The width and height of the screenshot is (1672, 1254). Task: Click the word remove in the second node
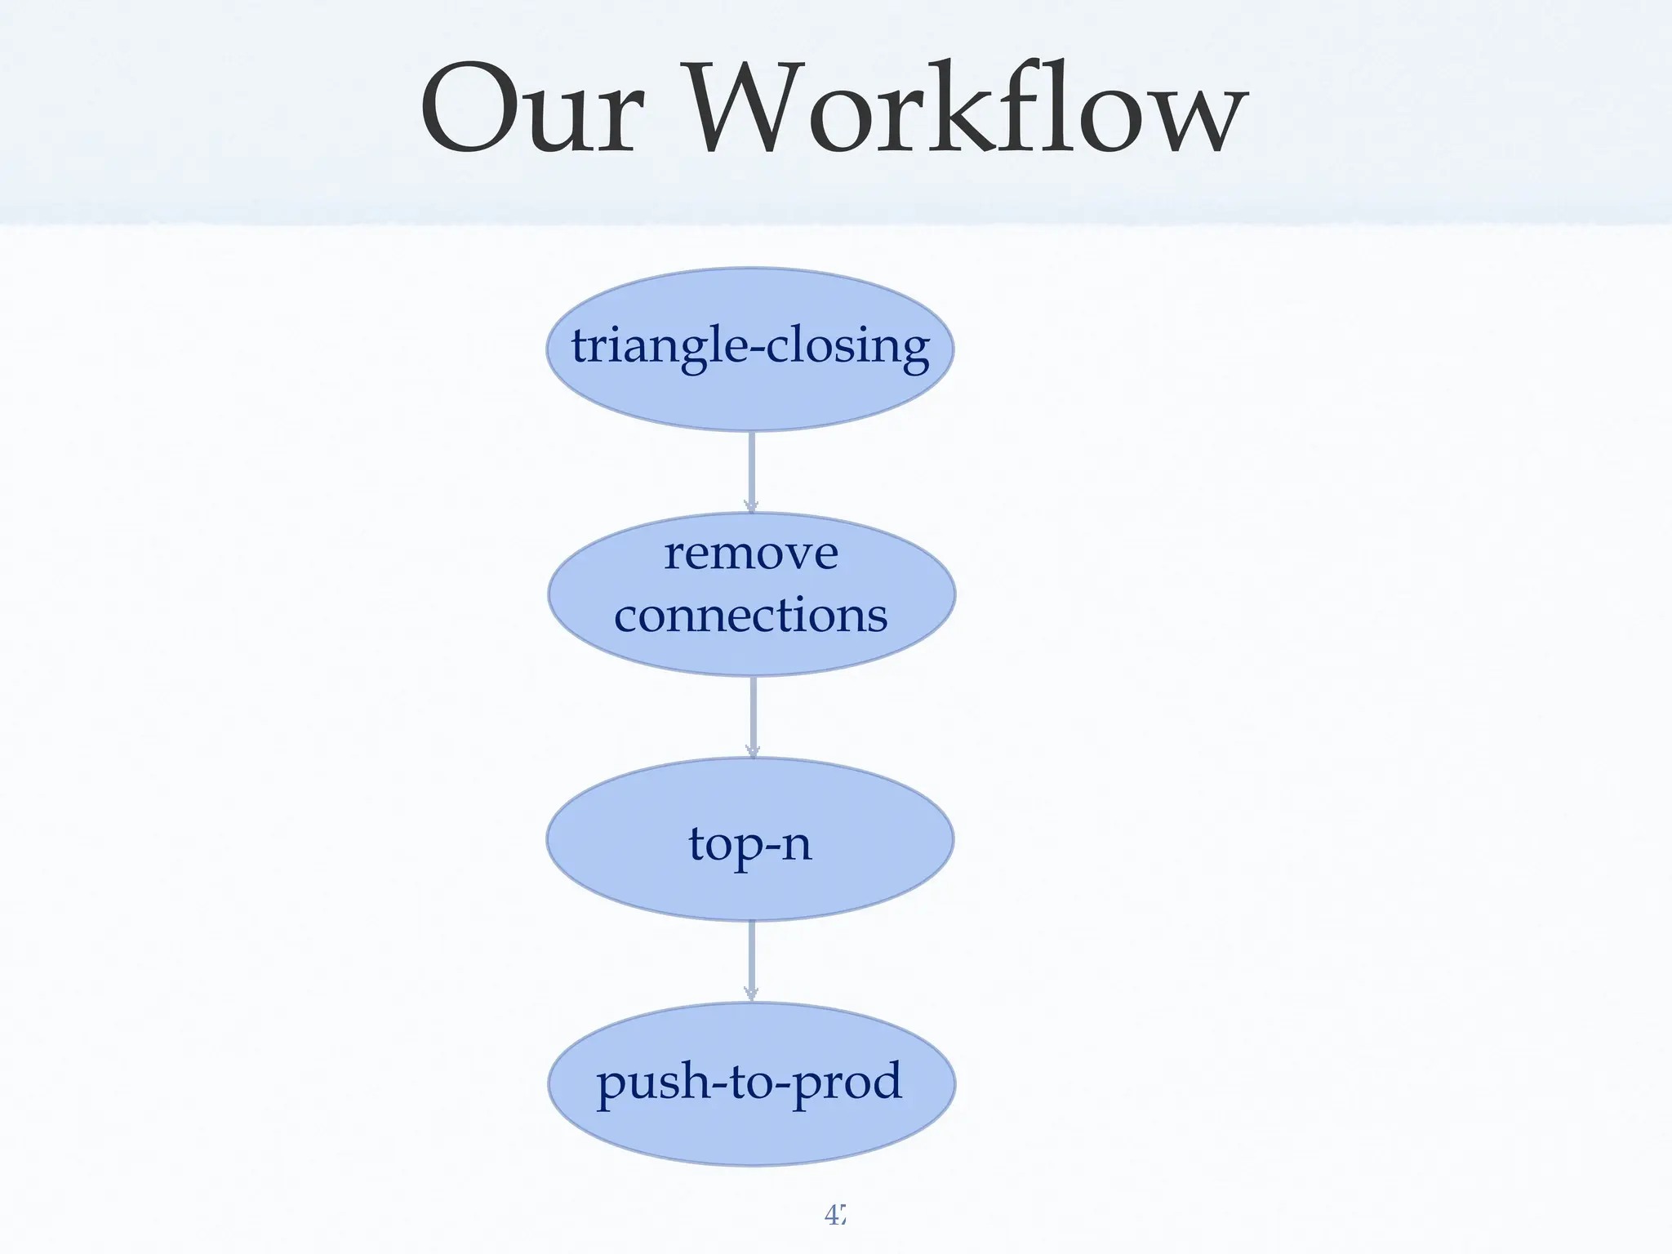[x=750, y=554]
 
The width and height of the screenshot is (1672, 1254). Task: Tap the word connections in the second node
[x=750, y=616]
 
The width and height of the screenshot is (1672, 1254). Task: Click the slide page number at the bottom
[x=834, y=1216]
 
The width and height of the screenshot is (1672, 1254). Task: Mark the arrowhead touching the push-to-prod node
[x=751, y=994]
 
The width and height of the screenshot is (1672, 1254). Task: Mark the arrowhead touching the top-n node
[x=753, y=750]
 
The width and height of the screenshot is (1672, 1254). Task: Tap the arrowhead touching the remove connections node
[x=751, y=505]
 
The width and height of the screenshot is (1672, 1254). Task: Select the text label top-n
[x=749, y=843]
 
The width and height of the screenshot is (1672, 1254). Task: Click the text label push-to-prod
[x=749, y=1082]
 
